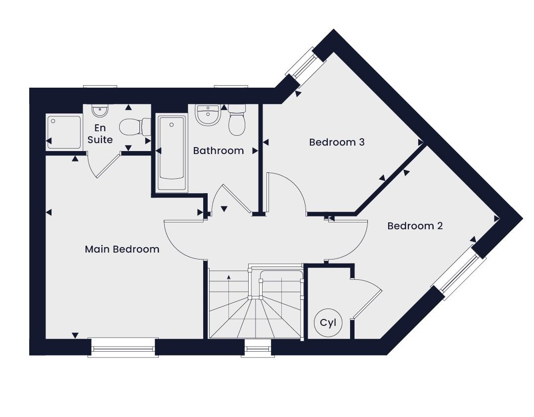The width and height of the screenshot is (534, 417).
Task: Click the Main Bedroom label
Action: (x=122, y=249)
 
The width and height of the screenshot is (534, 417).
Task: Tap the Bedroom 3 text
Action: (x=337, y=142)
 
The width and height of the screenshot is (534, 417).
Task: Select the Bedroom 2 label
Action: (x=415, y=226)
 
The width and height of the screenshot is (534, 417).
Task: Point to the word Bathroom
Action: (x=219, y=151)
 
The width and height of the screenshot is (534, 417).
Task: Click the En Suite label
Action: (x=100, y=134)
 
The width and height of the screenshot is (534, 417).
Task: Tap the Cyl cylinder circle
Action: (x=328, y=323)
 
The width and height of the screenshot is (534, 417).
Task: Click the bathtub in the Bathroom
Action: (x=172, y=152)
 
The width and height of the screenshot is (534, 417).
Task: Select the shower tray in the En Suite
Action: (x=64, y=132)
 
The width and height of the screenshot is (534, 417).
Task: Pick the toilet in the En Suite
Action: (x=135, y=127)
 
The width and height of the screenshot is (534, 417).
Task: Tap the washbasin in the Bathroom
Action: (x=208, y=115)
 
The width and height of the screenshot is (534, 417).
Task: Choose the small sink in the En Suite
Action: (x=100, y=110)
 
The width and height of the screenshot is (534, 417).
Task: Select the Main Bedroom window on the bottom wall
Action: (x=123, y=347)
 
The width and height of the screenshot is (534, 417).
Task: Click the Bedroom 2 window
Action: (x=458, y=270)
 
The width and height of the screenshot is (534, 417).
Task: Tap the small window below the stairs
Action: (x=258, y=348)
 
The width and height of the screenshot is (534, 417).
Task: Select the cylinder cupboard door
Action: (x=367, y=298)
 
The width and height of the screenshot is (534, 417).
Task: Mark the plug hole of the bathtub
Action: (x=172, y=125)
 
